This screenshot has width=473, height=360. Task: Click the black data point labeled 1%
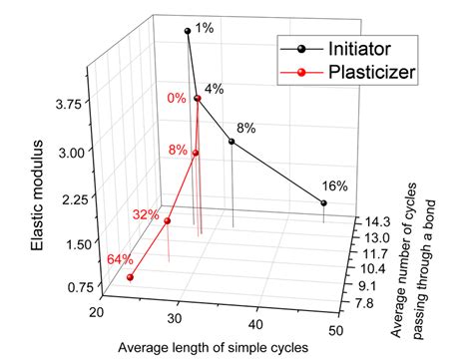187,32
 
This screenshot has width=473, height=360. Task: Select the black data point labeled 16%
323,203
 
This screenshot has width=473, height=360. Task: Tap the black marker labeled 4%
198,99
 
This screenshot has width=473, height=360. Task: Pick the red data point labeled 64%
130,278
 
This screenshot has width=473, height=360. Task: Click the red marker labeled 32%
168,221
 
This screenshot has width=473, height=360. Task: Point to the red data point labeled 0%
198,99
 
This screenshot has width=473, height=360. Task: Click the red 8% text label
178,150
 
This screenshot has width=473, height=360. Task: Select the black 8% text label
246,128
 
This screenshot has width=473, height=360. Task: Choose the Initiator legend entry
339,47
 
